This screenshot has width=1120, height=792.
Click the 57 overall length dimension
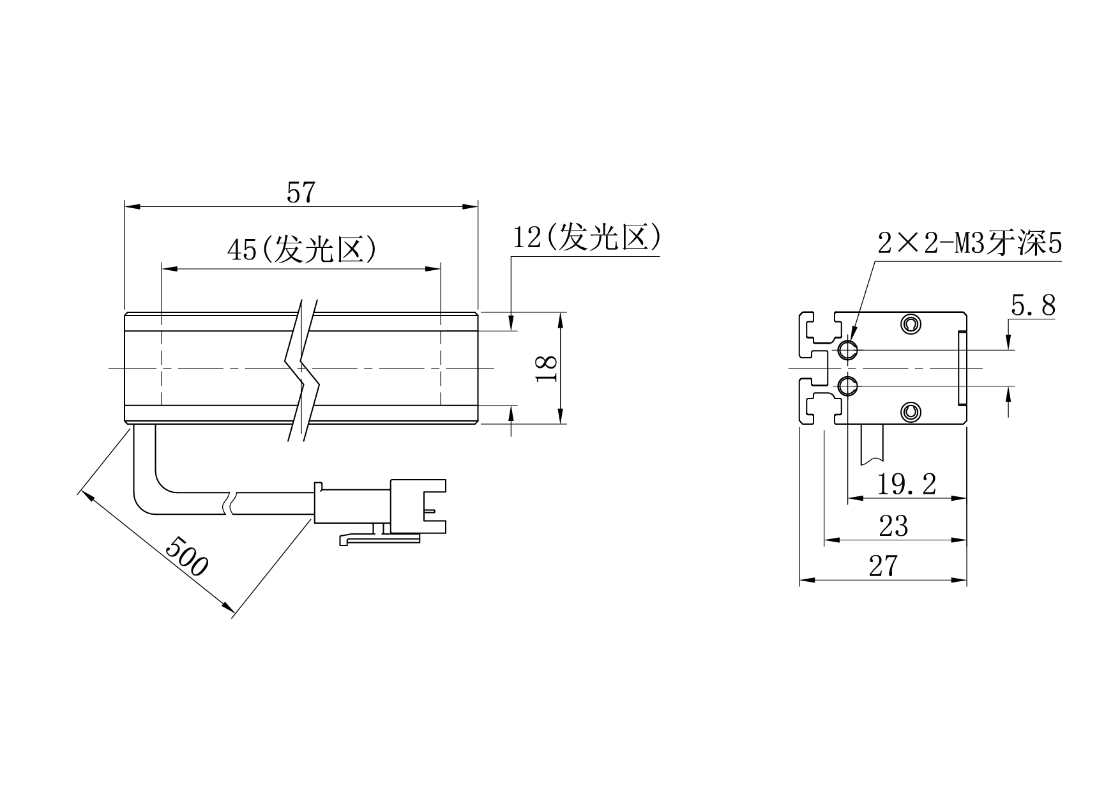coord(301,193)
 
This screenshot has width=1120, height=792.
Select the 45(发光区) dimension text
coord(301,249)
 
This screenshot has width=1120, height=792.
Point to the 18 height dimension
coord(547,369)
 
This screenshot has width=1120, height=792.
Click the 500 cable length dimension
coord(186,556)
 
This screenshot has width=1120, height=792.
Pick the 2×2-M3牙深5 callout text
coord(969,244)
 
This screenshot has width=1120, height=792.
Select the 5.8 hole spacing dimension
coord(1033,307)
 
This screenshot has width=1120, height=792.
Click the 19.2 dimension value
coord(906,484)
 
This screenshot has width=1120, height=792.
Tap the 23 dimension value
coord(893,526)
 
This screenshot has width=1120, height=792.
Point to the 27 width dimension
coord(883,566)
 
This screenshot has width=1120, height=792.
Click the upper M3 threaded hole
coord(847,350)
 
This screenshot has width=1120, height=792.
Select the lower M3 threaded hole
coord(847,386)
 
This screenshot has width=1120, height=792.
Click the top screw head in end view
coord(909,324)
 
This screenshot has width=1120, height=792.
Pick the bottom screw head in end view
coord(909,413)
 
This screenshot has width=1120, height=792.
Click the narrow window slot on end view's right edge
coord(961,369)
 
